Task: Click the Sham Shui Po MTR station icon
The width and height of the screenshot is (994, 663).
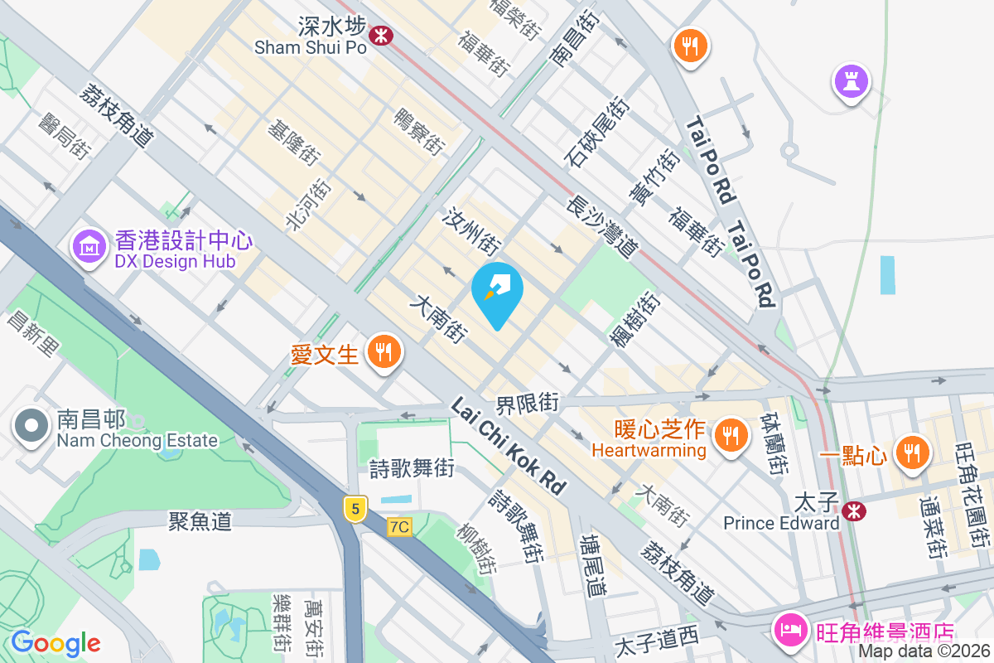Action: (382, 36)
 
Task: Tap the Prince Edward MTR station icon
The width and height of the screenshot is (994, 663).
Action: (853, 512)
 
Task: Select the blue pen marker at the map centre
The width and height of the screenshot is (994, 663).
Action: (497, 292)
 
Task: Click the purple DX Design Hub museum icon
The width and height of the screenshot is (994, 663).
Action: (89, 246)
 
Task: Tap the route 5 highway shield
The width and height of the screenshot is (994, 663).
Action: (355, 509)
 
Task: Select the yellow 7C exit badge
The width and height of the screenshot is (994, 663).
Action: (398, 527)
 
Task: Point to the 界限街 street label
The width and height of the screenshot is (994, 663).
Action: (528, 404)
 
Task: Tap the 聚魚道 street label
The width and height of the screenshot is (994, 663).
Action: (201, 520)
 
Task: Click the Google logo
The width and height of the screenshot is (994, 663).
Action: (55, 642)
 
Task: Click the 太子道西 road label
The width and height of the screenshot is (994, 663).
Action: (658, 640)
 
